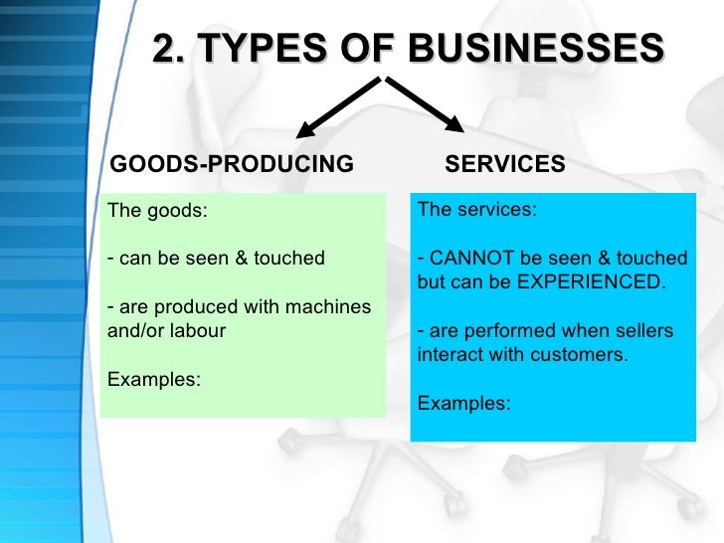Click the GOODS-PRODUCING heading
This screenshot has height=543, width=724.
click(230, 164)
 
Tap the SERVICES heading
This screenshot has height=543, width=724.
click(505, 164)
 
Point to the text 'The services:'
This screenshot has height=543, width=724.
click(476, 210)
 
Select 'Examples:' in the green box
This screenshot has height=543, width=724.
click(153, 379)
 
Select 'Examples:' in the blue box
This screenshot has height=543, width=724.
click(464, 403)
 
